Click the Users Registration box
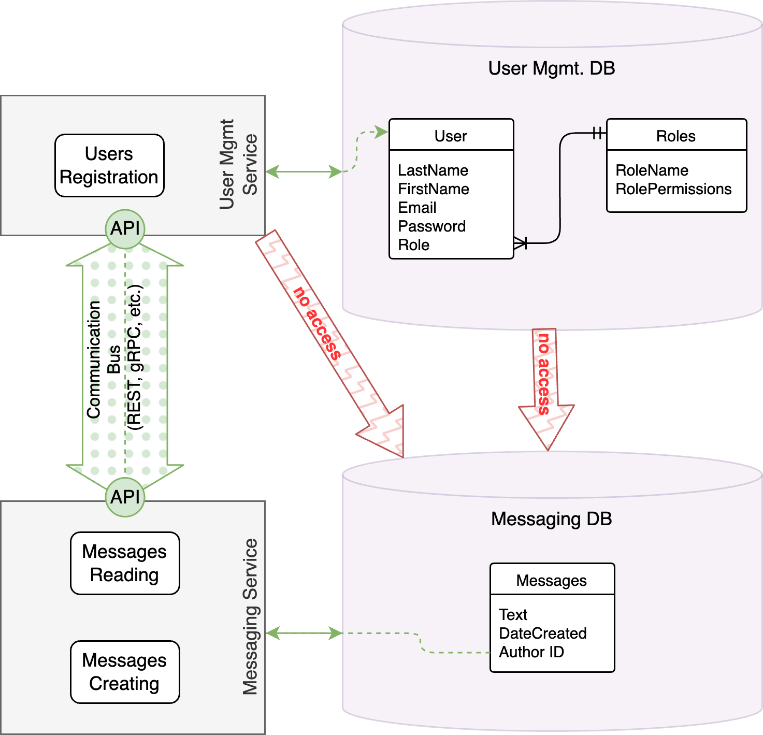point(109,165)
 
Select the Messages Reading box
point(125,563)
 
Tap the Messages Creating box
point(125,672)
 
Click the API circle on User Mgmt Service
point(125,228)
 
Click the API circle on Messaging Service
point(125,497)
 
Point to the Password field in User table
point(431,226)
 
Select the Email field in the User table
point(417,208)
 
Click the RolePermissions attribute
point(673,189)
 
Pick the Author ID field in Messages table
point(531,652)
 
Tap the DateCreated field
point(542,633)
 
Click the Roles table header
point(676,136)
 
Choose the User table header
point(451,136)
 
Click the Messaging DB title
point(552,518)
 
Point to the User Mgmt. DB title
point(552,68)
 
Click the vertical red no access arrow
point(545,383)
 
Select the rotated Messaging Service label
point(250,616)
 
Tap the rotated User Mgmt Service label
point(238,164)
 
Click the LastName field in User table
point(433,170)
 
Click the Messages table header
point(552,580)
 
